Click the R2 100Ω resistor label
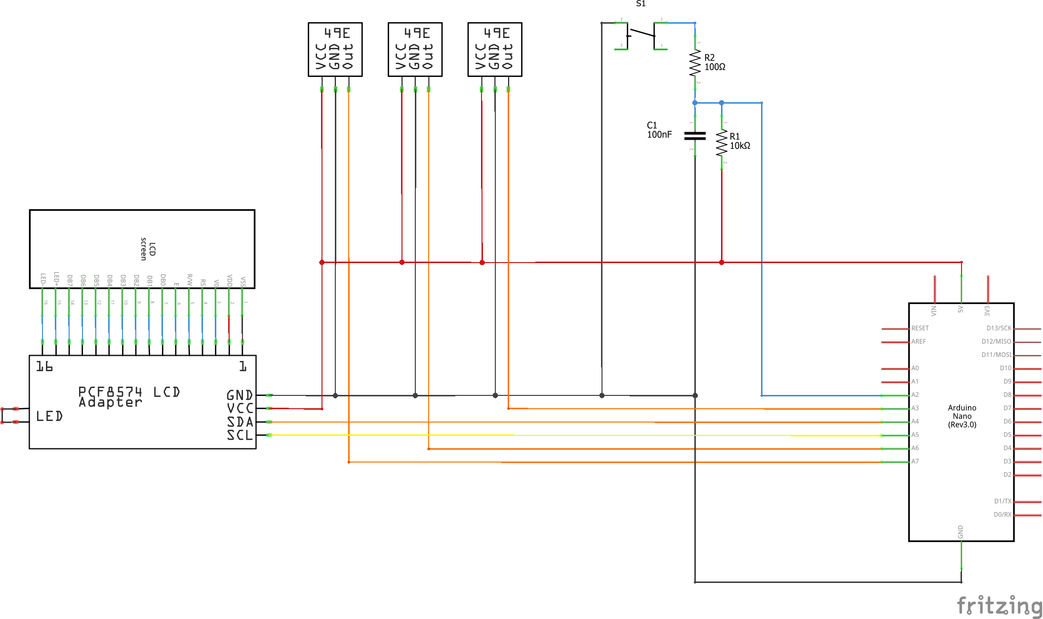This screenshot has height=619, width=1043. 714,62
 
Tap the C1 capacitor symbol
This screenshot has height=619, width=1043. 695,136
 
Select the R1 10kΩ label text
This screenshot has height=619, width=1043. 739,141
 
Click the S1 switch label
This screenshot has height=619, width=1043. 641,4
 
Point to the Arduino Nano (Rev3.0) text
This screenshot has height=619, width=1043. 962,416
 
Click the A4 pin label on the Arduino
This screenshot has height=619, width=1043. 915,422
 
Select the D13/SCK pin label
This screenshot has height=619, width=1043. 999,328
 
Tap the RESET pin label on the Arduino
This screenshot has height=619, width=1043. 920,328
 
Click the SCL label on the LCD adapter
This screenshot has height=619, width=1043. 240,435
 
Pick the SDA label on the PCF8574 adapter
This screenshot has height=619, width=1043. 240,422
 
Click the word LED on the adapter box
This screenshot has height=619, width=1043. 49,417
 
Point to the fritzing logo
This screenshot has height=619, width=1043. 999,605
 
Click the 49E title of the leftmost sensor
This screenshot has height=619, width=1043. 337,33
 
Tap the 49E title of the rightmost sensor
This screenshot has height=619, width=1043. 496,33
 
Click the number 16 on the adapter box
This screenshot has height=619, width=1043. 44,367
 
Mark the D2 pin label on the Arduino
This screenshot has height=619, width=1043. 1007,475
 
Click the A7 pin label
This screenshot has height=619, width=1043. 915,462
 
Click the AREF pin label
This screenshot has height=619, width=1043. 918,342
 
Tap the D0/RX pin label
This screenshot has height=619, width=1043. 1002,515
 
